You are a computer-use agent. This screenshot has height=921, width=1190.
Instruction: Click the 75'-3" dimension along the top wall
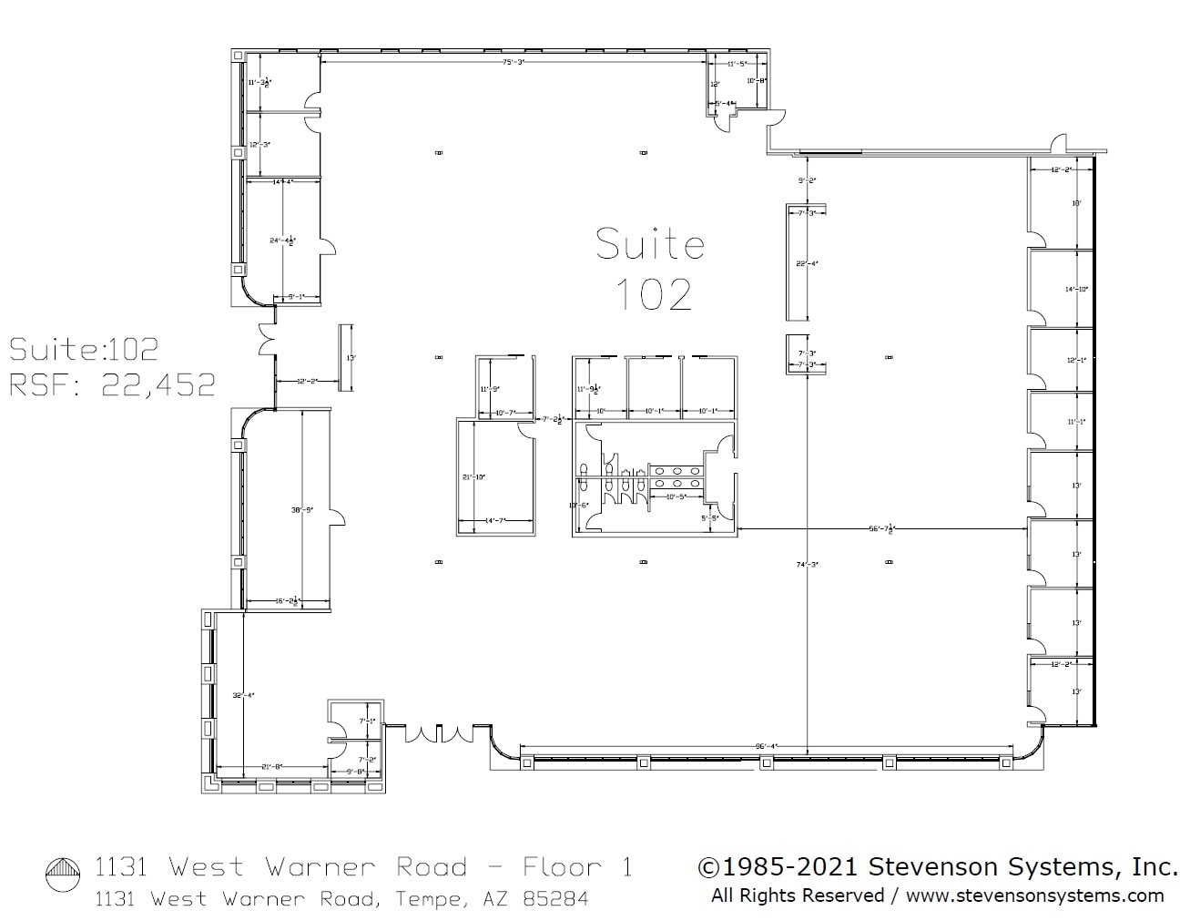click(x=514, y=62)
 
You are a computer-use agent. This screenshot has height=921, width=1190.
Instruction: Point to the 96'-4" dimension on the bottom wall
click(x=765, y=746)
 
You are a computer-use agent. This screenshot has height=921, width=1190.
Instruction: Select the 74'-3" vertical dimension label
click(x=808, y=565)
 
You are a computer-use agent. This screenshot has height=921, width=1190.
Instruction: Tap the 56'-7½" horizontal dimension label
click(x=881, y=528)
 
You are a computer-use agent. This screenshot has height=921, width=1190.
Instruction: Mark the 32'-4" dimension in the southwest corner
click(x=243, y=695)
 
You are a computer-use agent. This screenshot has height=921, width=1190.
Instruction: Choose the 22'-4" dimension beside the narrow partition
click(x=807, y=264)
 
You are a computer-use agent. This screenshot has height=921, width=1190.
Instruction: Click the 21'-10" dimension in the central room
click(x=474, y=476)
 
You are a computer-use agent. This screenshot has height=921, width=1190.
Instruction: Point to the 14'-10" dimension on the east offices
click(x=1077, y=290)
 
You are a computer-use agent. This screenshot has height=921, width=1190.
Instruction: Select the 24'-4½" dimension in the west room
click(x=281, y=241)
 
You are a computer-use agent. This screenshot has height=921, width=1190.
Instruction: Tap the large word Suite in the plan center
click(x=650, y=244)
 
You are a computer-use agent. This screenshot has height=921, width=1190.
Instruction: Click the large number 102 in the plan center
click(x=653, y=293)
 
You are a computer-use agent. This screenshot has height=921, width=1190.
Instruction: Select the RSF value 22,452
click(x=158, y=384)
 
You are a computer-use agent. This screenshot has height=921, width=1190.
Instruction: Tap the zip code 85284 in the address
click(x=555, y=899)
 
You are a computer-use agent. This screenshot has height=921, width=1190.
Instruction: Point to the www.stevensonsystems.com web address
click(x=1034, y=895)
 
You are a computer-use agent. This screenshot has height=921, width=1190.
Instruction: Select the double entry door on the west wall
click(x=267, y=340)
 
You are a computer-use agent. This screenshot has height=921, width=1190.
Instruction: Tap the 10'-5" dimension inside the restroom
click(x=675, y=496)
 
